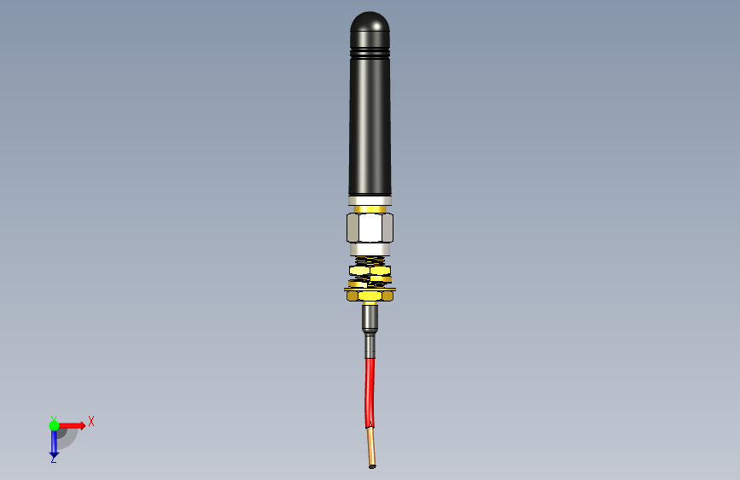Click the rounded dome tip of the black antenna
point(370,21)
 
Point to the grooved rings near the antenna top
point(370,51)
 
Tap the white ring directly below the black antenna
point(370,201)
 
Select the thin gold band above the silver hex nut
point(370,208)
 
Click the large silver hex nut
point(370,228)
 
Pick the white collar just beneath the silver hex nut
point(370,249)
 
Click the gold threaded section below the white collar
point(370,261)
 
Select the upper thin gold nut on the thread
point(370,271)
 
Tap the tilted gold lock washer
point(370,282)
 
